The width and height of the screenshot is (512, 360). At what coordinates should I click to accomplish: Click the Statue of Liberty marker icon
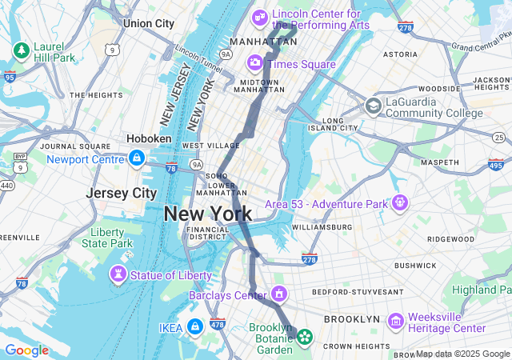tap(118, 275)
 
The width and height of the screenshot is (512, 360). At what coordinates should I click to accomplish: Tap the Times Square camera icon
tap(255, 62)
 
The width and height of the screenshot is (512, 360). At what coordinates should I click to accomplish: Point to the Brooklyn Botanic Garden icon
tap(305, 337)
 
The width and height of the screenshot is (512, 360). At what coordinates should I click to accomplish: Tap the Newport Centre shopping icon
tap(137, 158)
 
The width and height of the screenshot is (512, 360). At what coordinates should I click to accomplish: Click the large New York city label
tap(208, 214)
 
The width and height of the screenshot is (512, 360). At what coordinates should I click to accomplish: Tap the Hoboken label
tap(149, 138)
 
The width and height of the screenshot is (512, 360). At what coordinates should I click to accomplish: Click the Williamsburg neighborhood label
tap(322, 226)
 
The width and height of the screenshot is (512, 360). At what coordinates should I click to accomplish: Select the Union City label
tap(148, 23)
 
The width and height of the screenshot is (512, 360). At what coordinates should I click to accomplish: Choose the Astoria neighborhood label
tap(400, 54)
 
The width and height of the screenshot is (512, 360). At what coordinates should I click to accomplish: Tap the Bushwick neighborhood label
tap(415, 265)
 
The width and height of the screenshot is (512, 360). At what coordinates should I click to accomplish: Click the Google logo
tap(26, 350)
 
